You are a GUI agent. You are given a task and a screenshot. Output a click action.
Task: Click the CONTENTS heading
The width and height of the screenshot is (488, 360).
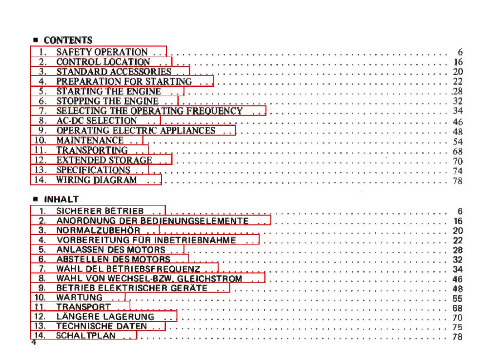(x=68, y=40)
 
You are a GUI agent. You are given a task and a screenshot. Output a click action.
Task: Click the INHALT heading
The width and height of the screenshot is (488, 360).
(x=61, y=200)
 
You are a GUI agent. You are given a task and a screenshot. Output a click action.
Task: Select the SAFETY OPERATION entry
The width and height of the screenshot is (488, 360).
(x=102, y=52)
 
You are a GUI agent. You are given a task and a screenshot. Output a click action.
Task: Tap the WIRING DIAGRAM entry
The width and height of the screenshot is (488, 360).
(x=97, y=180)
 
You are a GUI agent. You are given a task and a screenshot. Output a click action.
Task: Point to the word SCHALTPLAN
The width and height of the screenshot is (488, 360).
(x=86, y=336)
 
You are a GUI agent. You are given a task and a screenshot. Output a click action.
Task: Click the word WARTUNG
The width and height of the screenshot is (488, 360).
(x=80, y=297)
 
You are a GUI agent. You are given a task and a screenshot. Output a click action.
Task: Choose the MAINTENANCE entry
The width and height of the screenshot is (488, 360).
(x=90, y=140)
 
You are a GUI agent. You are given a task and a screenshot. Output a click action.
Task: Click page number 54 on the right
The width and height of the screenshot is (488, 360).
(x=457, y=141)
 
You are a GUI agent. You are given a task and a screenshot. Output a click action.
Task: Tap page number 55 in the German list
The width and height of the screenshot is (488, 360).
(x=457, y=299)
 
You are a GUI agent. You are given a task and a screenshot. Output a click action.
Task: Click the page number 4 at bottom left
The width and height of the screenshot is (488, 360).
(x=34, y=343)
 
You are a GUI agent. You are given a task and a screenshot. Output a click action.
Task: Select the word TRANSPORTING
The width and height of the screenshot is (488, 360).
(x=92, y=150)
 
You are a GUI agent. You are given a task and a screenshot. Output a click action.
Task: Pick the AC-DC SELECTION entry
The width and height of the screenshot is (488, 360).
(x=97, y=120)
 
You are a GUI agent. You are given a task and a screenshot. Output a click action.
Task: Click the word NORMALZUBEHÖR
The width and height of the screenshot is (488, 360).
(x=98, y=230)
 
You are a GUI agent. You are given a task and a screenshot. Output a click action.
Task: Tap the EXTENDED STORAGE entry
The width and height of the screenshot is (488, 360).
(x=104, y=160)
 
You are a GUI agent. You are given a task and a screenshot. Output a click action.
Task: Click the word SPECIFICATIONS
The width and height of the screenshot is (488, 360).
(x=93, y=170)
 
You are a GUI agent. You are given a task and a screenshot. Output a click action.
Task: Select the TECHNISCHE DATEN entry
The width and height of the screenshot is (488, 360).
(x=102, y=326)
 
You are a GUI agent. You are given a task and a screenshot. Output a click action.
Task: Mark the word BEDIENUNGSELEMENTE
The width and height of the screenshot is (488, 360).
(x=206, y=220)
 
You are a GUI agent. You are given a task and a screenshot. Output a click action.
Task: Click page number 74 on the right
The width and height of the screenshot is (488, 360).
(x=457, y=171)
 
